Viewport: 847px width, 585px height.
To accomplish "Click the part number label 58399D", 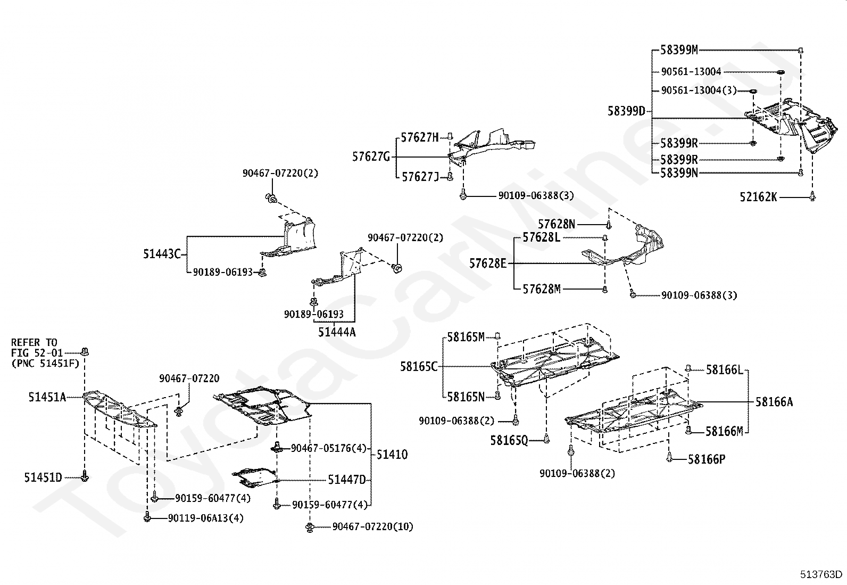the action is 626,111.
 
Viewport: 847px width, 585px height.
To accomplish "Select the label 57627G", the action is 371,156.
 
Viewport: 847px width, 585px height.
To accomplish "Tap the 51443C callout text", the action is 162,254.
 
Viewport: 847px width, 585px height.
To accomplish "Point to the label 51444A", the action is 337,332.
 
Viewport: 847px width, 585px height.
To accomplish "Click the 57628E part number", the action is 488,263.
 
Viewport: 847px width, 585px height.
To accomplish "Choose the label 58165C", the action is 419,367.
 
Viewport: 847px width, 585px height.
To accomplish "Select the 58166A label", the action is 774,402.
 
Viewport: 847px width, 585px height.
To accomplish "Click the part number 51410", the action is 392,455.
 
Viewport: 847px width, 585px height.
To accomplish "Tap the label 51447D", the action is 347,480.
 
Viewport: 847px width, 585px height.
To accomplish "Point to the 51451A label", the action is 47,397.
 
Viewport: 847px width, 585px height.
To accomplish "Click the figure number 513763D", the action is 821,574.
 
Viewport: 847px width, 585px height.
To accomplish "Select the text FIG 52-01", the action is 37,353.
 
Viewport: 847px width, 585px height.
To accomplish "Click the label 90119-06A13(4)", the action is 206,517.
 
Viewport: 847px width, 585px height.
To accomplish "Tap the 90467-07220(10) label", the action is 373,527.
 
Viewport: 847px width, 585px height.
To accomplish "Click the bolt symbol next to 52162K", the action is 812,196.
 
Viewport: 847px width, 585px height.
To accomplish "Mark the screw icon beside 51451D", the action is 85,476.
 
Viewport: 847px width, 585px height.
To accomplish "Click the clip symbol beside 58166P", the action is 670,457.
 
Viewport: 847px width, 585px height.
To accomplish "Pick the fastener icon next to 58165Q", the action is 546,439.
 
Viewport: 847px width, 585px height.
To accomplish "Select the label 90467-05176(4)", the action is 329,449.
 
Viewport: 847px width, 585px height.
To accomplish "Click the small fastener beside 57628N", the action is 609,225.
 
